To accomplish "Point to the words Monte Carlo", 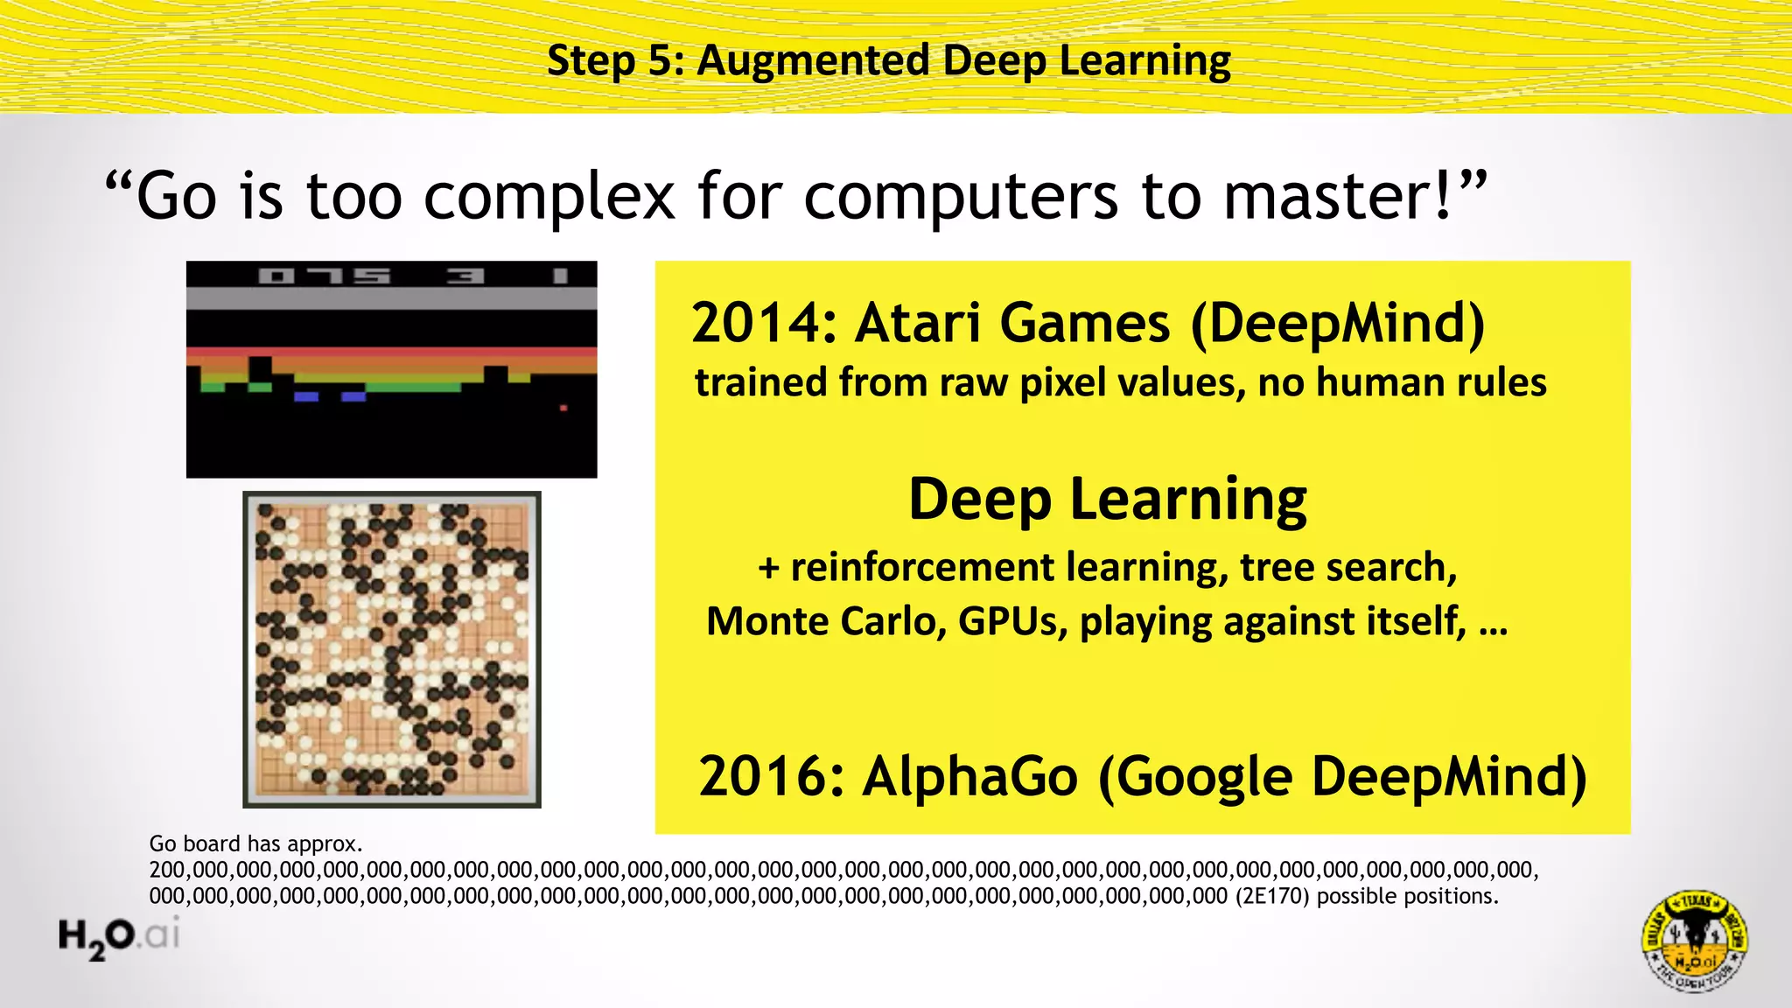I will pos(826,621).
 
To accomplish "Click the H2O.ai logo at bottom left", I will pos(119,936).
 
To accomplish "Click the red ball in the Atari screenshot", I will pos(563,408).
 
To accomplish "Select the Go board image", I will pos(392,649).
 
